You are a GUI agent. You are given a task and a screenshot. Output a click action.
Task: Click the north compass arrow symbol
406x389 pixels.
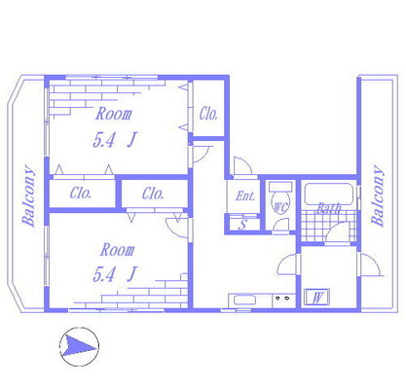[x=79, y=347]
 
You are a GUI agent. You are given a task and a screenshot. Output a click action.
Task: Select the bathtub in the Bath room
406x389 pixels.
[x=328, y=194]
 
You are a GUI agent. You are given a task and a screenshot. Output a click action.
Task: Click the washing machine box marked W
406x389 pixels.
[x=317, y=297]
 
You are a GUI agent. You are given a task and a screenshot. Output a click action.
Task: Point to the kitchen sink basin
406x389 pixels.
[x=245, y=301]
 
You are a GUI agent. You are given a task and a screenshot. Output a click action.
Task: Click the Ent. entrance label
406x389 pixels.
[x=245, y=195]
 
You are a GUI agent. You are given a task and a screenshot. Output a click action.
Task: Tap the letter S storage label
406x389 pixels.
[x=242, y=225]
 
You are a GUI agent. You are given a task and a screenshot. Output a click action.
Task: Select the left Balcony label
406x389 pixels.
[x=28, y=195]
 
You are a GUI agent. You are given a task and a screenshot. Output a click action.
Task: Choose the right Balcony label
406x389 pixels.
[x=378, y=195]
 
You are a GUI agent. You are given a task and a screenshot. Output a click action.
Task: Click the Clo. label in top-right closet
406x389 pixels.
[x=208, y=114]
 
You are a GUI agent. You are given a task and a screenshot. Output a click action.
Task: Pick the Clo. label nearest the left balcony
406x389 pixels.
[x=81, y=194]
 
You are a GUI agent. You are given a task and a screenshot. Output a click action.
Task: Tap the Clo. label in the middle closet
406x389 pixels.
[x=153, y=194]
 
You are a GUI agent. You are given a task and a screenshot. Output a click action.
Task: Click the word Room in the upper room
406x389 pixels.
[x=114, y=114]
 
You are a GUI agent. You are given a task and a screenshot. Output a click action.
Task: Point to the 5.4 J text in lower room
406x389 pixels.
[x=115, y=274]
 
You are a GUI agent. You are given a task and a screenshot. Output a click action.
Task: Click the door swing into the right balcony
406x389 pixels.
[x=371, y=265]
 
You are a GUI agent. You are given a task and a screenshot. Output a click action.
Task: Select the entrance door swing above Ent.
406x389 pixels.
[x=242, y=167]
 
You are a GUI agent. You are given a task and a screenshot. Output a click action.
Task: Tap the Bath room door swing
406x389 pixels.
[x=338, y=232]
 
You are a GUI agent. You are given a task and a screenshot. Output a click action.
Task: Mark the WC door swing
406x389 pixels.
[x=280, y=225]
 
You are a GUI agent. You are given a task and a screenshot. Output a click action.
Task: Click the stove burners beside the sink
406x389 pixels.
[x=282, y=298]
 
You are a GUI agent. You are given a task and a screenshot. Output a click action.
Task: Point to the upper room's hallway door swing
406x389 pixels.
[x=203, y=155]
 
